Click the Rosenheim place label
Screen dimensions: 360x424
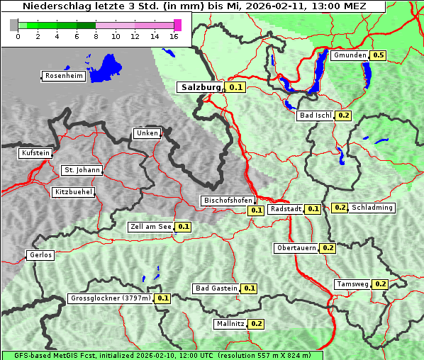63,76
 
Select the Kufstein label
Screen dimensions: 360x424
35,153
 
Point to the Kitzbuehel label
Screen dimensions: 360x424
72,192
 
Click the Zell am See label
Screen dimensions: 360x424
151,227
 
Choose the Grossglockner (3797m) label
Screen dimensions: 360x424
111,298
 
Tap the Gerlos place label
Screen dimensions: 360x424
40,255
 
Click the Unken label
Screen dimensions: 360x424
147,133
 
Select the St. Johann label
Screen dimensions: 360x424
82,170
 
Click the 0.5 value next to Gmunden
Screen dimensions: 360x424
379,55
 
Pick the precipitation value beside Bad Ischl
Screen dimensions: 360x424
344,115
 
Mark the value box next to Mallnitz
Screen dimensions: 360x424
257,324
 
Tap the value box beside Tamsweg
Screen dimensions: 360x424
380,284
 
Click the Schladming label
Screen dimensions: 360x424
372,208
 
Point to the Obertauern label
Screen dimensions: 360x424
296,248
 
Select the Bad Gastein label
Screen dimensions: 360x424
216,288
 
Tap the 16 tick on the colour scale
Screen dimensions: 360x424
174,36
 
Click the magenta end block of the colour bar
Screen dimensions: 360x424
177,25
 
